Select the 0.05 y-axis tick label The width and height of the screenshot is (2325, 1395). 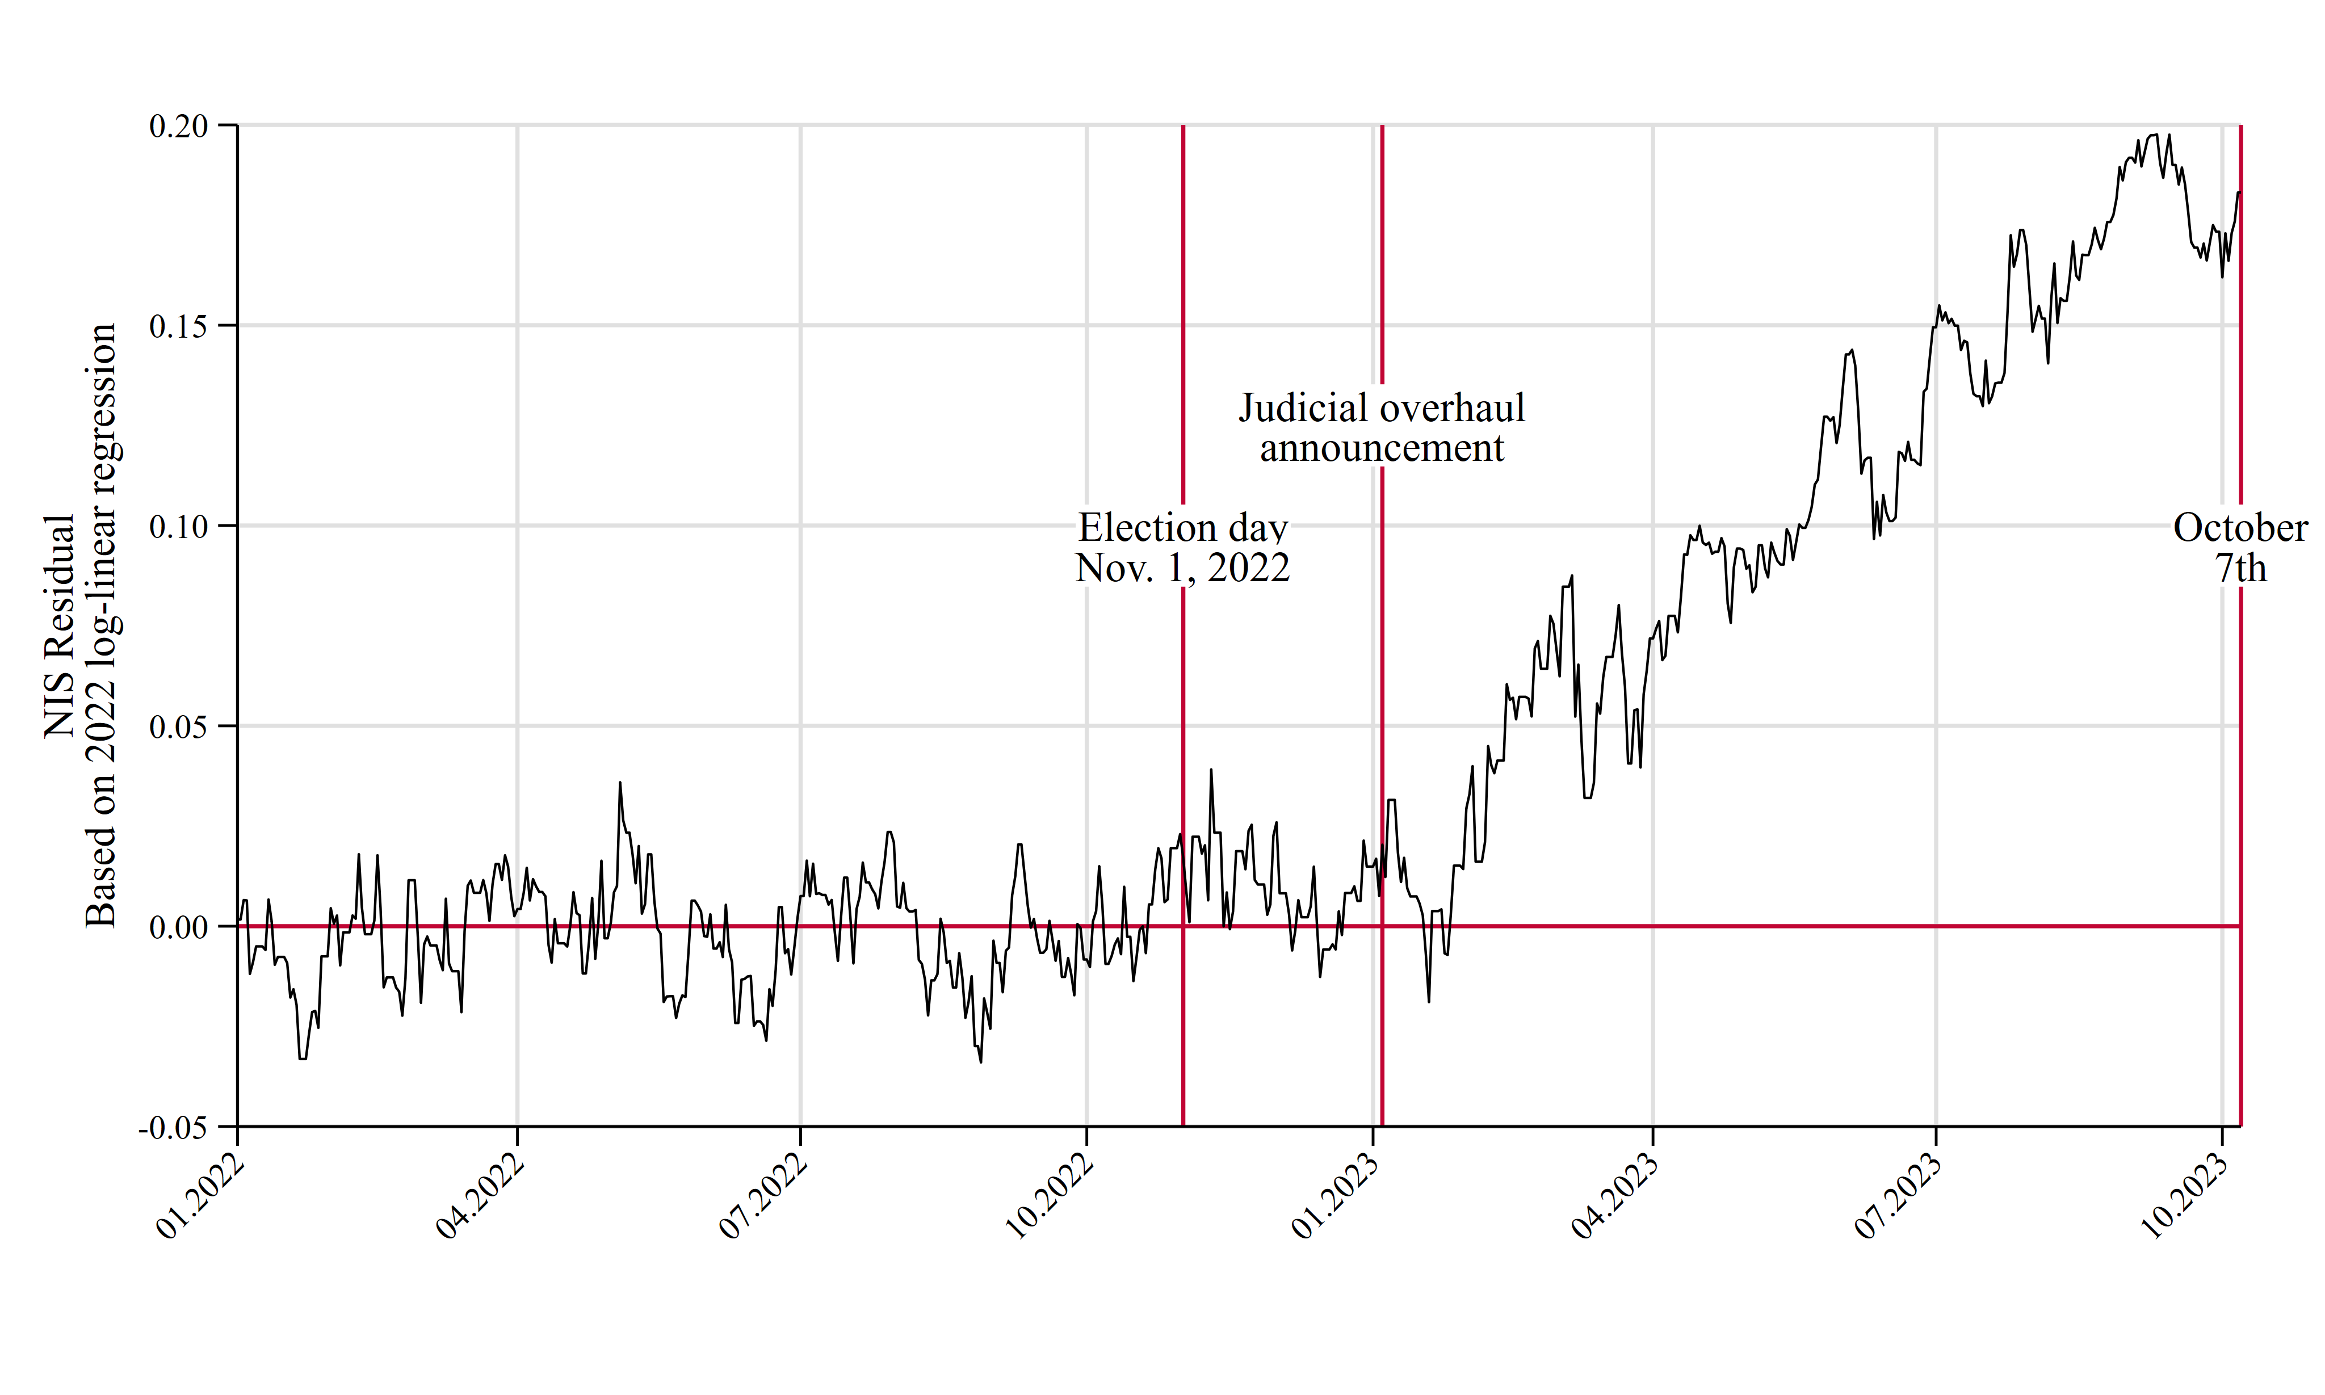point(179,726)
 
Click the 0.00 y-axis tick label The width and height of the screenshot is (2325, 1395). point(179,927)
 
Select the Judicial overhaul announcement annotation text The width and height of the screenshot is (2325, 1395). point(1381,428)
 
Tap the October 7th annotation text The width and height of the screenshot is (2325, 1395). point(2240,548)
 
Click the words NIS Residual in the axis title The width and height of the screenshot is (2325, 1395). point(59,625)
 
